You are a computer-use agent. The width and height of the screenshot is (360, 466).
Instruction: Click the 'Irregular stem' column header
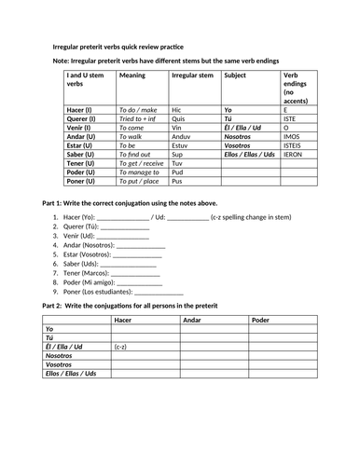click(193, 75)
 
